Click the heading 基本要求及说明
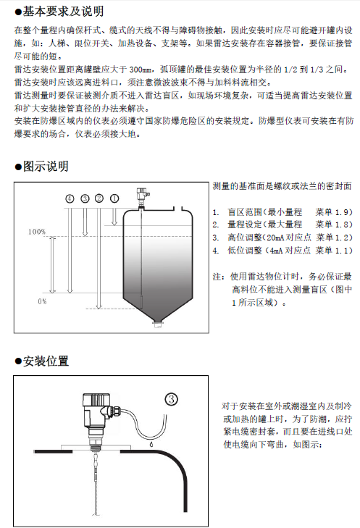coord(63,12)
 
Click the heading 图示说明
coord(46,166)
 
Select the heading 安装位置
coord(46,361)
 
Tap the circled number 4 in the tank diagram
coord(70,198)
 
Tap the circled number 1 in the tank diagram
coord(114,198)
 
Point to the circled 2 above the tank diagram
coord(99,198)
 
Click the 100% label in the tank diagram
coord(37,232)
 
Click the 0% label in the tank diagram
coord(42,301)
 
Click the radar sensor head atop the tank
coord(142,196)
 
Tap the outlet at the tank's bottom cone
coord(158,324)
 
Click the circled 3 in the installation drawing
coord(172,399)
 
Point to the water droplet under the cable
coord(152,444)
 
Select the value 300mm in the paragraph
coord(141,70)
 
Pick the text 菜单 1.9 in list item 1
coord(331,212)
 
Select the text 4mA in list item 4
coord(277,251)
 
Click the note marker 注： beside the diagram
coord(219,277)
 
